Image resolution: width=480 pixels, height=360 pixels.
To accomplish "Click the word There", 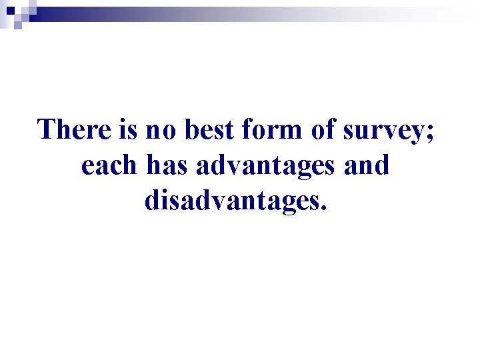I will tap(78, 129).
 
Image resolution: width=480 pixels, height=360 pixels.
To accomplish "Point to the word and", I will tap(367, 165).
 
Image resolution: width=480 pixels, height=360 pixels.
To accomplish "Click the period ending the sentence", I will tap(324, 208).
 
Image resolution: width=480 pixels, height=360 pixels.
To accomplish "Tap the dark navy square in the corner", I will tap(9, 10).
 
